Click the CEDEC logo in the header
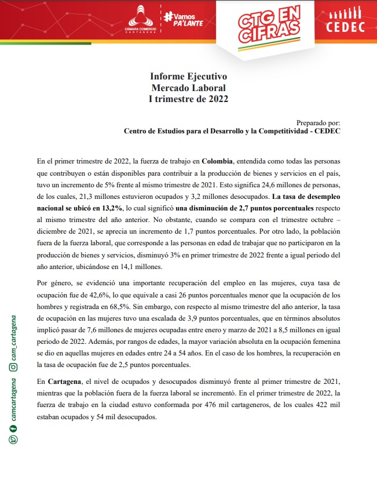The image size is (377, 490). click(x=345, y=21)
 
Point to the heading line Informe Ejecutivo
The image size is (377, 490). click(x=188, y=77)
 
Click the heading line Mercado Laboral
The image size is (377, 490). click(x=188, y=88)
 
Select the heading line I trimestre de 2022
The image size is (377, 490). click(x=188, y=99)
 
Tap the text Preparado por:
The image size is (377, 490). click(x=318, y=122)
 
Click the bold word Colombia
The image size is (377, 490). click(x=218, y=161)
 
